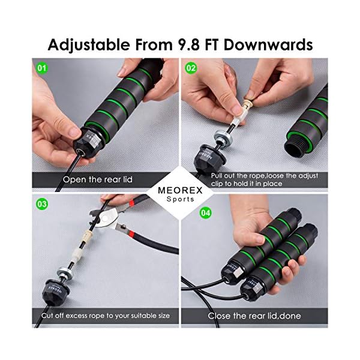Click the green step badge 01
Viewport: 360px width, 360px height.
pyautogui.click(x=41, y=68)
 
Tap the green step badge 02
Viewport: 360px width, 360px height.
pyautogui.click(x=191, y=68)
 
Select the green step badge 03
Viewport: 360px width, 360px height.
pyautogui.click(x=41, y=205)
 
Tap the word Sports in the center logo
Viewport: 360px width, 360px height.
pyautogui.click(x=180, y=199)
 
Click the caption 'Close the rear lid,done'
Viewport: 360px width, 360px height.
pyautogui.click(x=254, y=316)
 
